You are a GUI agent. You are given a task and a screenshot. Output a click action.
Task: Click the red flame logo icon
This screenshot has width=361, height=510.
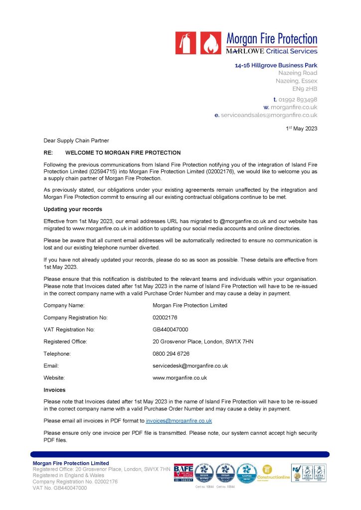tap(210, 43)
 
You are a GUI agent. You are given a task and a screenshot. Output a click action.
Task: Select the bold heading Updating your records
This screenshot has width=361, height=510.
tap(73, 209)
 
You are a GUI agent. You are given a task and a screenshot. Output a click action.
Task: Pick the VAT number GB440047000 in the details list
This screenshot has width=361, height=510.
tap(171, 329)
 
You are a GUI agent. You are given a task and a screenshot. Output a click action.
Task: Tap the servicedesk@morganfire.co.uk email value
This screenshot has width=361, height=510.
tap(190, 366)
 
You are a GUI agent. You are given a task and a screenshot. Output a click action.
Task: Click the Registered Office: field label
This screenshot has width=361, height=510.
tap(65, 341)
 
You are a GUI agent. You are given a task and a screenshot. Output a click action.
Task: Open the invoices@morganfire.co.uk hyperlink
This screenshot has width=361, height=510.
tap(179, 421)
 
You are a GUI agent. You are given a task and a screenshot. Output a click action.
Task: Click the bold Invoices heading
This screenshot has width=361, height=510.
tap(54, 390)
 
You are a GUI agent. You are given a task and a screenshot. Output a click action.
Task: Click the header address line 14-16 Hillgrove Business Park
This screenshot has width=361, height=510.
tap(276, 65)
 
